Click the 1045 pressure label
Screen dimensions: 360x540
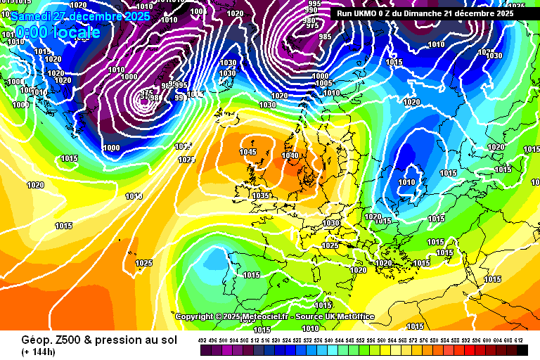248,152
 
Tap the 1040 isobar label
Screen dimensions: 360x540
290,155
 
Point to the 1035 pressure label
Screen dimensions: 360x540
261,195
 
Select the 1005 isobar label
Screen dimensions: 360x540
323,84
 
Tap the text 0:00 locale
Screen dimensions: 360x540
58,32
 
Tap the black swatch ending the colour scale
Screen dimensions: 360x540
522,349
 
